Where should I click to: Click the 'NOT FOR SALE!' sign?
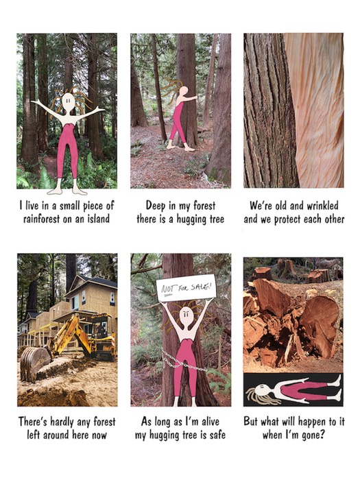pos(186,289)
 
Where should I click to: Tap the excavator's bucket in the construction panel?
pos(34,363)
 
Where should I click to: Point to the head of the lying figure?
pos(263,391)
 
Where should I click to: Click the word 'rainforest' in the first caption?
pos(42,219)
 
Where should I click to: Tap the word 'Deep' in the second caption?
pos(154,206)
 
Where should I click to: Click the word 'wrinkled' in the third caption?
pos(322,206)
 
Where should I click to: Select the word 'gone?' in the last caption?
pos(313,435)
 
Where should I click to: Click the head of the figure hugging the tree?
pos(183,91)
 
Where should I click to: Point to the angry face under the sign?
pos(187,316)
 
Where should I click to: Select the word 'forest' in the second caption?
pos(204,206)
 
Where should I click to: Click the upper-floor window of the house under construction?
pos(84,297)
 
